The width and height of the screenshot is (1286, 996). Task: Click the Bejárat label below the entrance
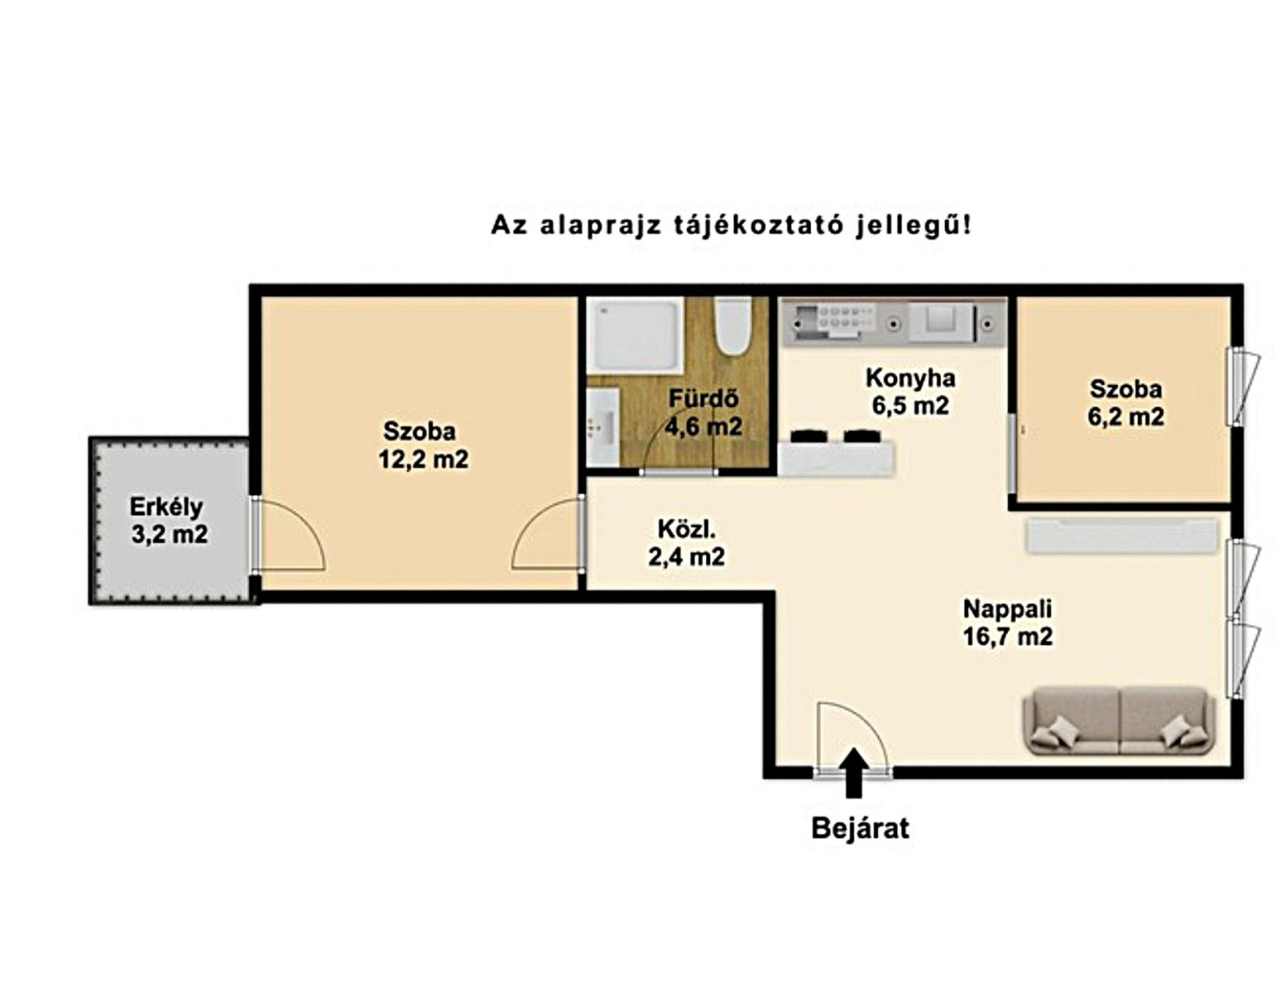[x=860, y=829]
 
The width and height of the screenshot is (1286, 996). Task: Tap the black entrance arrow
[x=853, y=773]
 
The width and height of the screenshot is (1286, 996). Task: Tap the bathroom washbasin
[x=603, y=426]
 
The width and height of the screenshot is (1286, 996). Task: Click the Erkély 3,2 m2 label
[x=168, y=521]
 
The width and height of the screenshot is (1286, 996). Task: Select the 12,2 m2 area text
[x=423, y=460]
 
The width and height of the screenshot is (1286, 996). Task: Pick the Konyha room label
[x=910, y=378]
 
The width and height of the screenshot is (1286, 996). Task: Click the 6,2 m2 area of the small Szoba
[x=1126, y=416]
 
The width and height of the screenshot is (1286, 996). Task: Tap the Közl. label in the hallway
[x=687, y=529]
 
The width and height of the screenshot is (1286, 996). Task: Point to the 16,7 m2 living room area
[x=1008, y=637]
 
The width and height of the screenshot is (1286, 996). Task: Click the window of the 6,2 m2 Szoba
[x=1241, y=387]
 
